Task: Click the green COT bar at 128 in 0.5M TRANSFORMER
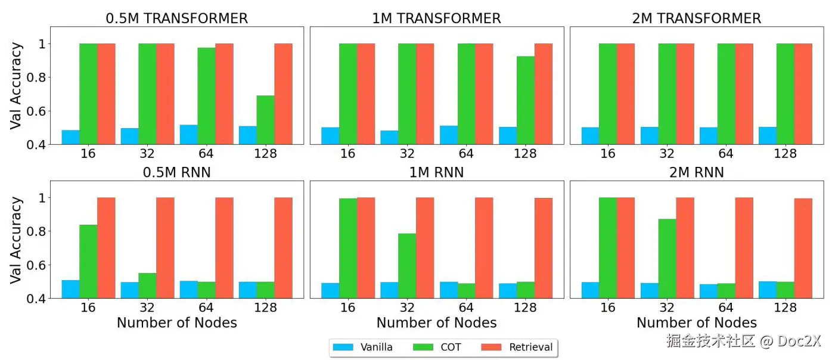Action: [x=265, y=120]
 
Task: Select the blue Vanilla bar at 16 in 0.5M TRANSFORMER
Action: [x=70, y=137]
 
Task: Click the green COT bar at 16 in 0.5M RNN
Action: [x=88, y=261]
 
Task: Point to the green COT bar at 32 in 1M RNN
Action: [x=407, y=266]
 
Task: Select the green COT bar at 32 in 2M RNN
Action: [x=667, y=259]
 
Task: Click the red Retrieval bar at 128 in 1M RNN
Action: [x=543, y=248]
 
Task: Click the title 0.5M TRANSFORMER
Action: [x=176, y=18]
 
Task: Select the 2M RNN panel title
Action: [x=696, y=173]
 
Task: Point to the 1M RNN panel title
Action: [x=436, y=173]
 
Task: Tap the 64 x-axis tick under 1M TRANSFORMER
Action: [x=466, y=154]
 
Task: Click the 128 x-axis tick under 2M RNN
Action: [x=785, y=308]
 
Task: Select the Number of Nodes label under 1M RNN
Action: [x=436, y=322]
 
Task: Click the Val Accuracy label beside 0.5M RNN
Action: [x=17, y=240]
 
